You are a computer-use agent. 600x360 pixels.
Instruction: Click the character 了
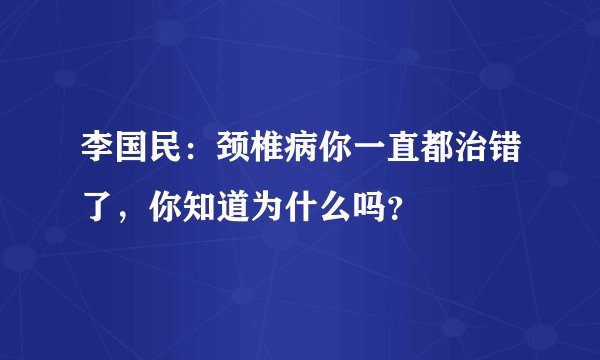pyautogui.click(x=98, y=209)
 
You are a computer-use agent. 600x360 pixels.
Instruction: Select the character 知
pyautogui.click(x=209, y=209)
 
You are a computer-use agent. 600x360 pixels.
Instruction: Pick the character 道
pyautogui.click(x=246, y=209)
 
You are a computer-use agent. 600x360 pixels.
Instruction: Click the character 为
pyautogui.click(x=283, y=209)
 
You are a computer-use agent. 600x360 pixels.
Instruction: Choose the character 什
pyautogui.click(x=320, y=209)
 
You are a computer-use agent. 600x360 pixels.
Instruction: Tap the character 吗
pyautogui.click(x=394, y=209)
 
